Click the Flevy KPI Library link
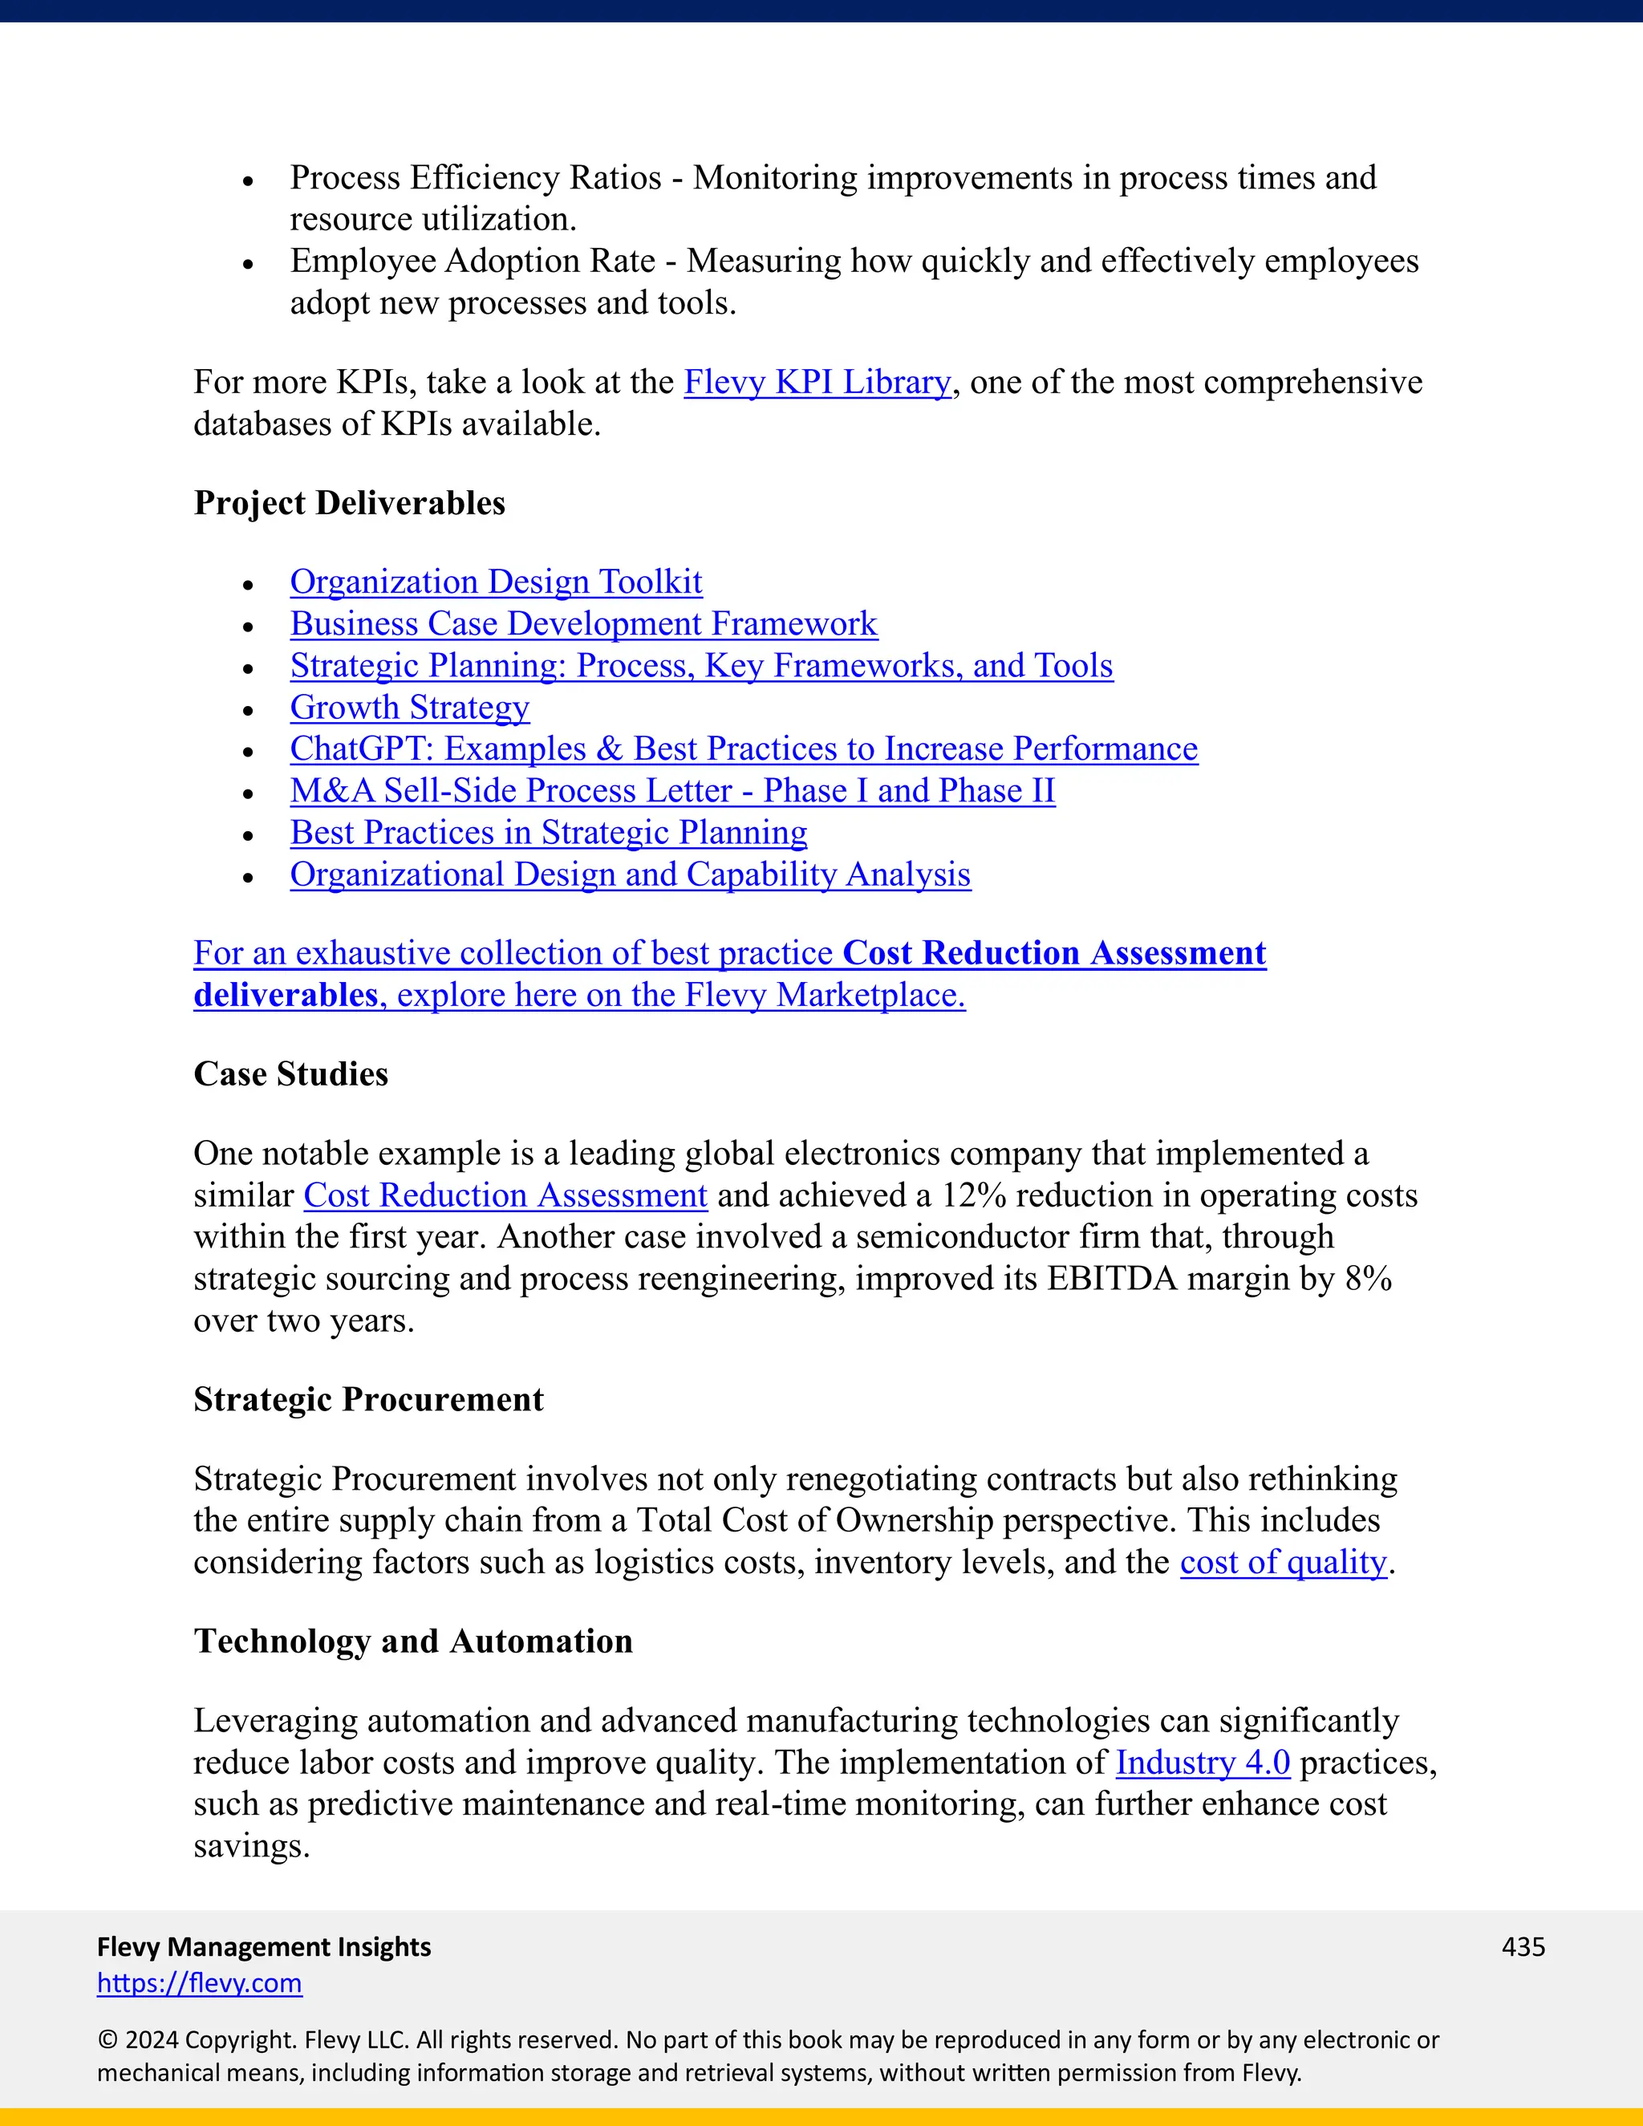[817, 383]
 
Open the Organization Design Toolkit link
[496, 582]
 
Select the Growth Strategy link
[410, 708]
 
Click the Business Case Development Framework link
[583, 624]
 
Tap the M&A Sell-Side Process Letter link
[671, 791]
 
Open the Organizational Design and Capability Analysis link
[630, 875]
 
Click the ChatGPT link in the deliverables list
[744, 749]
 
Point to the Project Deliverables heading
[350, 503]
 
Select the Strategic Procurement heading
[368, 1400]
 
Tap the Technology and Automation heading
[412, 1641]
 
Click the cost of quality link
[1283, 1562]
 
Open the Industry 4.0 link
[1202, 1763]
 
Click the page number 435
[1523, 1947]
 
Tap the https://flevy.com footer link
[200, 1983]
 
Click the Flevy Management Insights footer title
[264, 1947]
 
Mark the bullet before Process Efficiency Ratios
[248, 181]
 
